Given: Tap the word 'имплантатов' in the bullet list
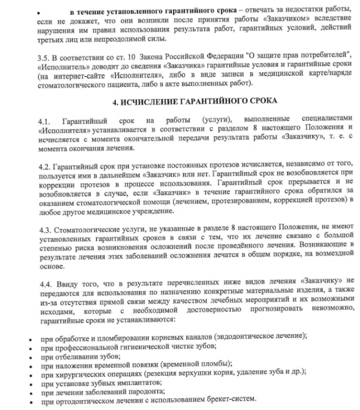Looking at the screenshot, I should (123, 383).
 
